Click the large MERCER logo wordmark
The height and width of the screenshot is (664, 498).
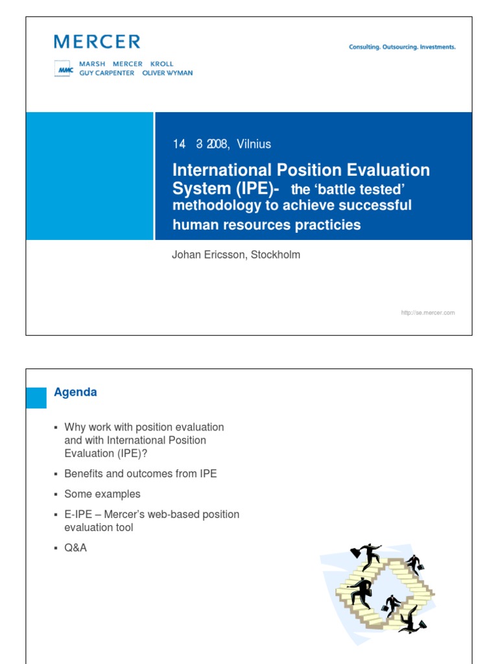point(97,42)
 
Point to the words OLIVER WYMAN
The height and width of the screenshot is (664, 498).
point(167,73)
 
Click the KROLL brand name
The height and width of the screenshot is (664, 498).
point(161,64)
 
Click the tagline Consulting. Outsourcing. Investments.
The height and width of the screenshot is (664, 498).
point(402,47)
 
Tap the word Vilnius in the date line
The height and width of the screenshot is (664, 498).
point(254,144)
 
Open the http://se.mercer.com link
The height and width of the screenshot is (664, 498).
point(428,313)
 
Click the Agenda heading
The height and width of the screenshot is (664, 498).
point(75,392)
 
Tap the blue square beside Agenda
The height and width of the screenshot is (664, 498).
point(36,397)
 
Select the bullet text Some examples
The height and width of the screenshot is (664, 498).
point(102,494)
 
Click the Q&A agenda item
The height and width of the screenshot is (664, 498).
point(75,548)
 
